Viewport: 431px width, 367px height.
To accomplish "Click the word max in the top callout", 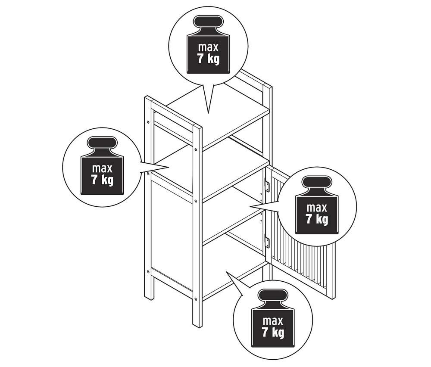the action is [208, 47].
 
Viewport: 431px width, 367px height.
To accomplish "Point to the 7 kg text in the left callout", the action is [102, 180].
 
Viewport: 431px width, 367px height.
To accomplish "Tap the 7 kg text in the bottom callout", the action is [273, 333].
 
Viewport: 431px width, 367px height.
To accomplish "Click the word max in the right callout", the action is [317, 208].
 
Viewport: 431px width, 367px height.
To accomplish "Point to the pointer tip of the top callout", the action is [208, 113].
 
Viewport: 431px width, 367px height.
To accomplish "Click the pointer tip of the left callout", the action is [168, 167].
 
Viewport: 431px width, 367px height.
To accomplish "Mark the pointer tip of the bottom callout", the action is [226, 272].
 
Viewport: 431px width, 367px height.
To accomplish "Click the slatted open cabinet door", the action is [303, 233].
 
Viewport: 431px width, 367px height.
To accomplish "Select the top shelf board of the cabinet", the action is [217, 115].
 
